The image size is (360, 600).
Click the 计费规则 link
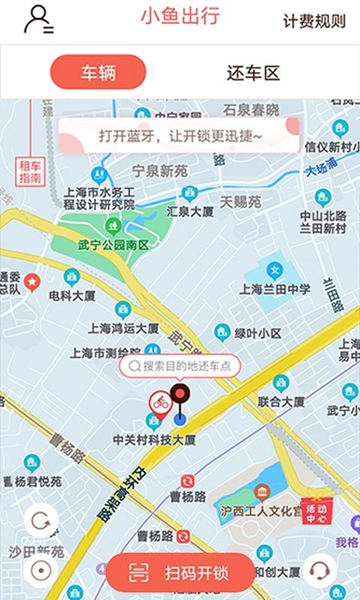(314, 21)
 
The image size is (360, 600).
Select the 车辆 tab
(98, 72)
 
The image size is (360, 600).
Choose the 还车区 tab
(253, 72)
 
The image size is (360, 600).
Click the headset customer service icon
(320, 571)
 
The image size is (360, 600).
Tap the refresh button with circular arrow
(41, 521)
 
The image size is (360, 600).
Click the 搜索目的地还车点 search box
(179, 366)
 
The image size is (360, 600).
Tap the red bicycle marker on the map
(158, 403)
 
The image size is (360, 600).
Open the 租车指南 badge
(30, 170)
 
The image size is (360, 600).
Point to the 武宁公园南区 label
(113, 245)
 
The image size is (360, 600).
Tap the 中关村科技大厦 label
(154, 439)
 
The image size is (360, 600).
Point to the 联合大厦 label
(281, 402)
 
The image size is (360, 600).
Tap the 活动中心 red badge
(317, 511)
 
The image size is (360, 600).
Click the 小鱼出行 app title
(180, 17)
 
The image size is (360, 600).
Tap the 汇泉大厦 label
(190, 212)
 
